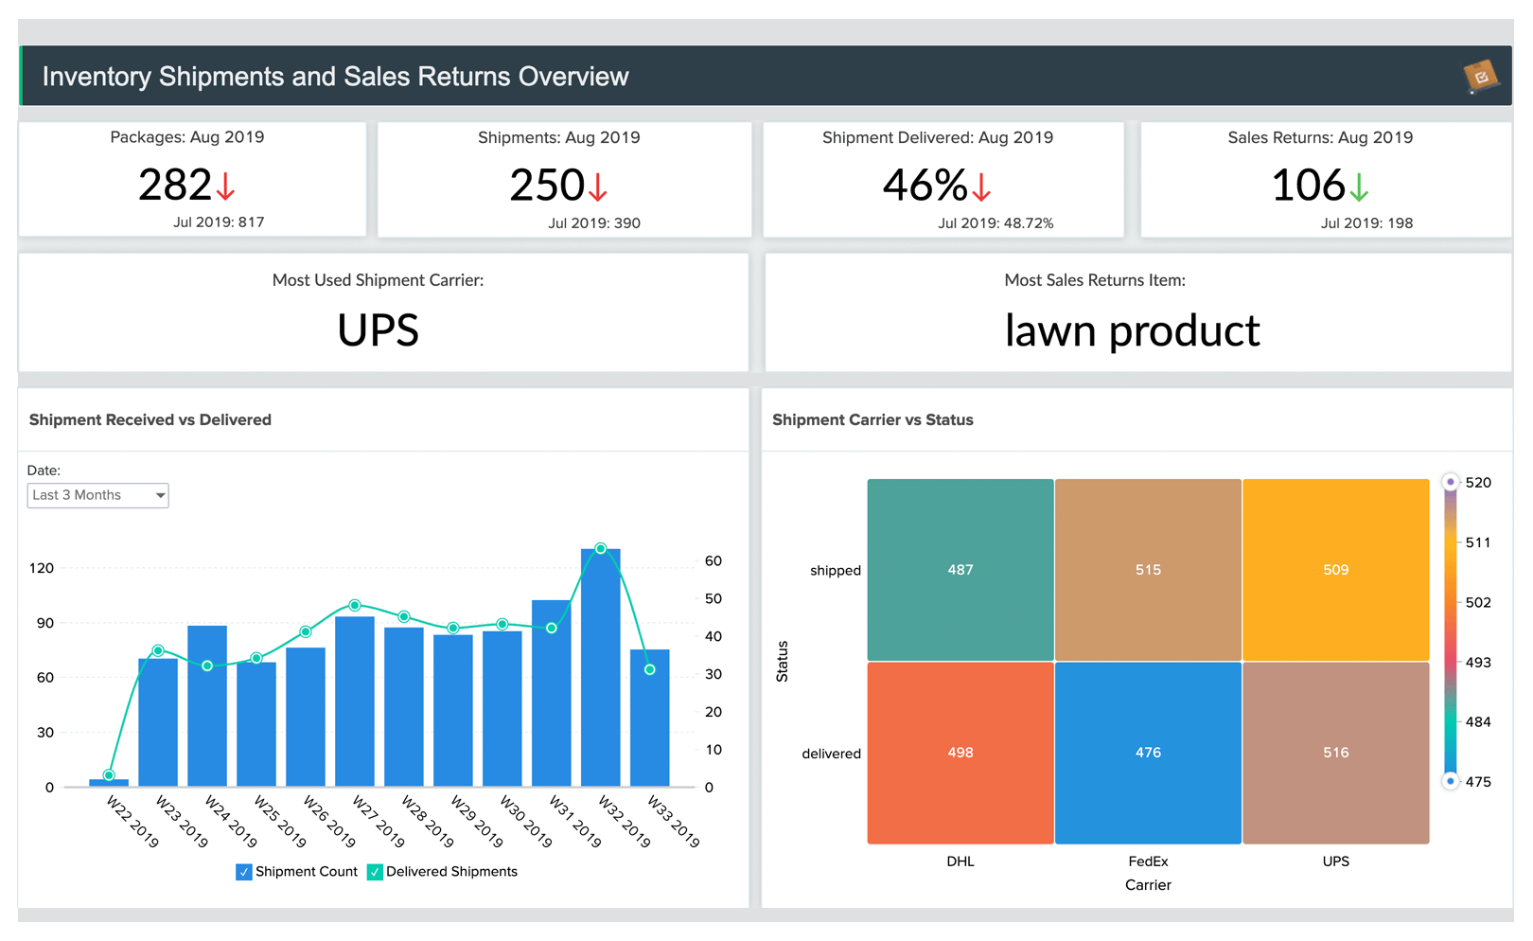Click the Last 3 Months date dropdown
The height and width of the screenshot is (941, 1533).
click(x=97, y=495)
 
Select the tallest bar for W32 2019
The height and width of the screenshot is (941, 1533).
click(x=600, y=667)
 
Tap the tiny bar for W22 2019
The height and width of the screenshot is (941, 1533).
click(x=109, y=782)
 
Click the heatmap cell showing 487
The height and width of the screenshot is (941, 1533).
click(x=960, y=570)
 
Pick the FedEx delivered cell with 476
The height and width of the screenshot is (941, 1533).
click(x=1148, y=753)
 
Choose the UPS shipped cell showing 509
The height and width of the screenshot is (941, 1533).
click(x=1335, y=570)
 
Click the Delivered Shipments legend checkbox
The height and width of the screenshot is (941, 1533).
click(x=376, y=872)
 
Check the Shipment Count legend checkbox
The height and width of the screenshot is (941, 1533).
click(x=244, y=872)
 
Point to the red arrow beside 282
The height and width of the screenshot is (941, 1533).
click(x=225, y=186)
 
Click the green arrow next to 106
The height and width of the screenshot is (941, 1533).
click(x=1359, y=186)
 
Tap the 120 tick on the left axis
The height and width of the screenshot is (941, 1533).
click(x=42, y=568)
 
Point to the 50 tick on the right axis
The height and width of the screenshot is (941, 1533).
click(x=713, y=598)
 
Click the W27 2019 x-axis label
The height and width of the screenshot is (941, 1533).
click(x=379, y=821)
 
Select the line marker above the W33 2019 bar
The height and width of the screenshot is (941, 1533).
click(x=650, y=669)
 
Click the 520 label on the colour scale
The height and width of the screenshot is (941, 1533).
click(x=1477, y=483)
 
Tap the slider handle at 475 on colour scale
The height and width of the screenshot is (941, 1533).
click(x=1450, y=781)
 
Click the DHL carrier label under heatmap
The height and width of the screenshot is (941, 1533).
click(x=960, y=861)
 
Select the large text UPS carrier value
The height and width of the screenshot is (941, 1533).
click(x=378, y=330)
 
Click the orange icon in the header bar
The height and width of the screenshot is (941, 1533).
click(x=1480, y=77)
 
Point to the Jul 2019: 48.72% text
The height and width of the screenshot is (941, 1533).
click(x=995, y=223)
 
